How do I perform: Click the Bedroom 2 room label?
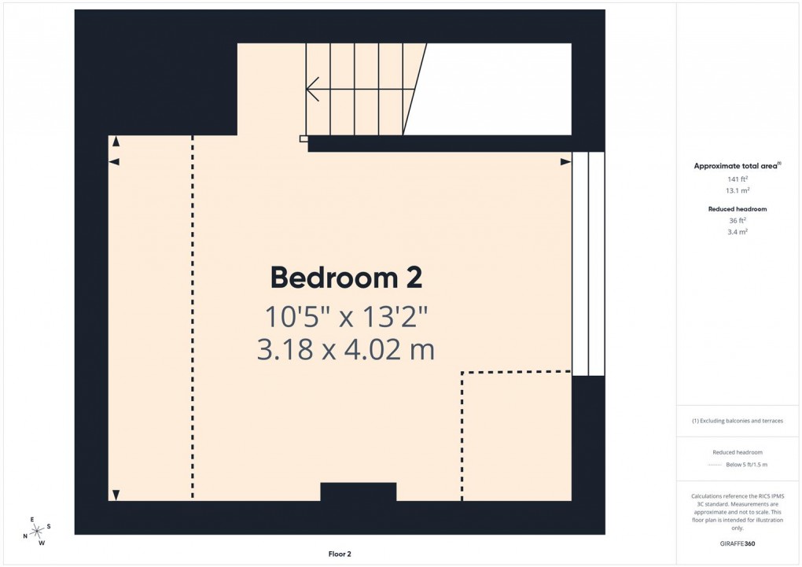click(x=346, y=278)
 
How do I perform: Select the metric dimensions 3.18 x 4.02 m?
click(x=346, y=349)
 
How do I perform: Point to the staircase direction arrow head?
click(x=311, y=89)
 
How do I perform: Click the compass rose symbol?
click(x=36, y=531)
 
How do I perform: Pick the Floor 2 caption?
click(x=340, y=554)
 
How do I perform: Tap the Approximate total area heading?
click(x=736, y=166)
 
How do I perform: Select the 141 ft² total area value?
click(x=737, y=179)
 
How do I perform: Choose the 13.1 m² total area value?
click(x=737, y=191)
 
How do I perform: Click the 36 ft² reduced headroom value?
click(x=737, y=220)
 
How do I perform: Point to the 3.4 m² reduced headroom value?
click(x=737, y=232)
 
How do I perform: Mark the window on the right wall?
click(x=588, y=263)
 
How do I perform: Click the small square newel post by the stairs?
click(x=304, y=138)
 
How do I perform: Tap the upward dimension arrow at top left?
click(x=116, y=142)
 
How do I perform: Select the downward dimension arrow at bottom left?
click(x=116, y=495)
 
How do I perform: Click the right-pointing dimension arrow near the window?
click(x=565, y=162)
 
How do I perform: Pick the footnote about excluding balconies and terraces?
click(x=737, y=421)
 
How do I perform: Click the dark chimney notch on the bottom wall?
click(x=358, y=492)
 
